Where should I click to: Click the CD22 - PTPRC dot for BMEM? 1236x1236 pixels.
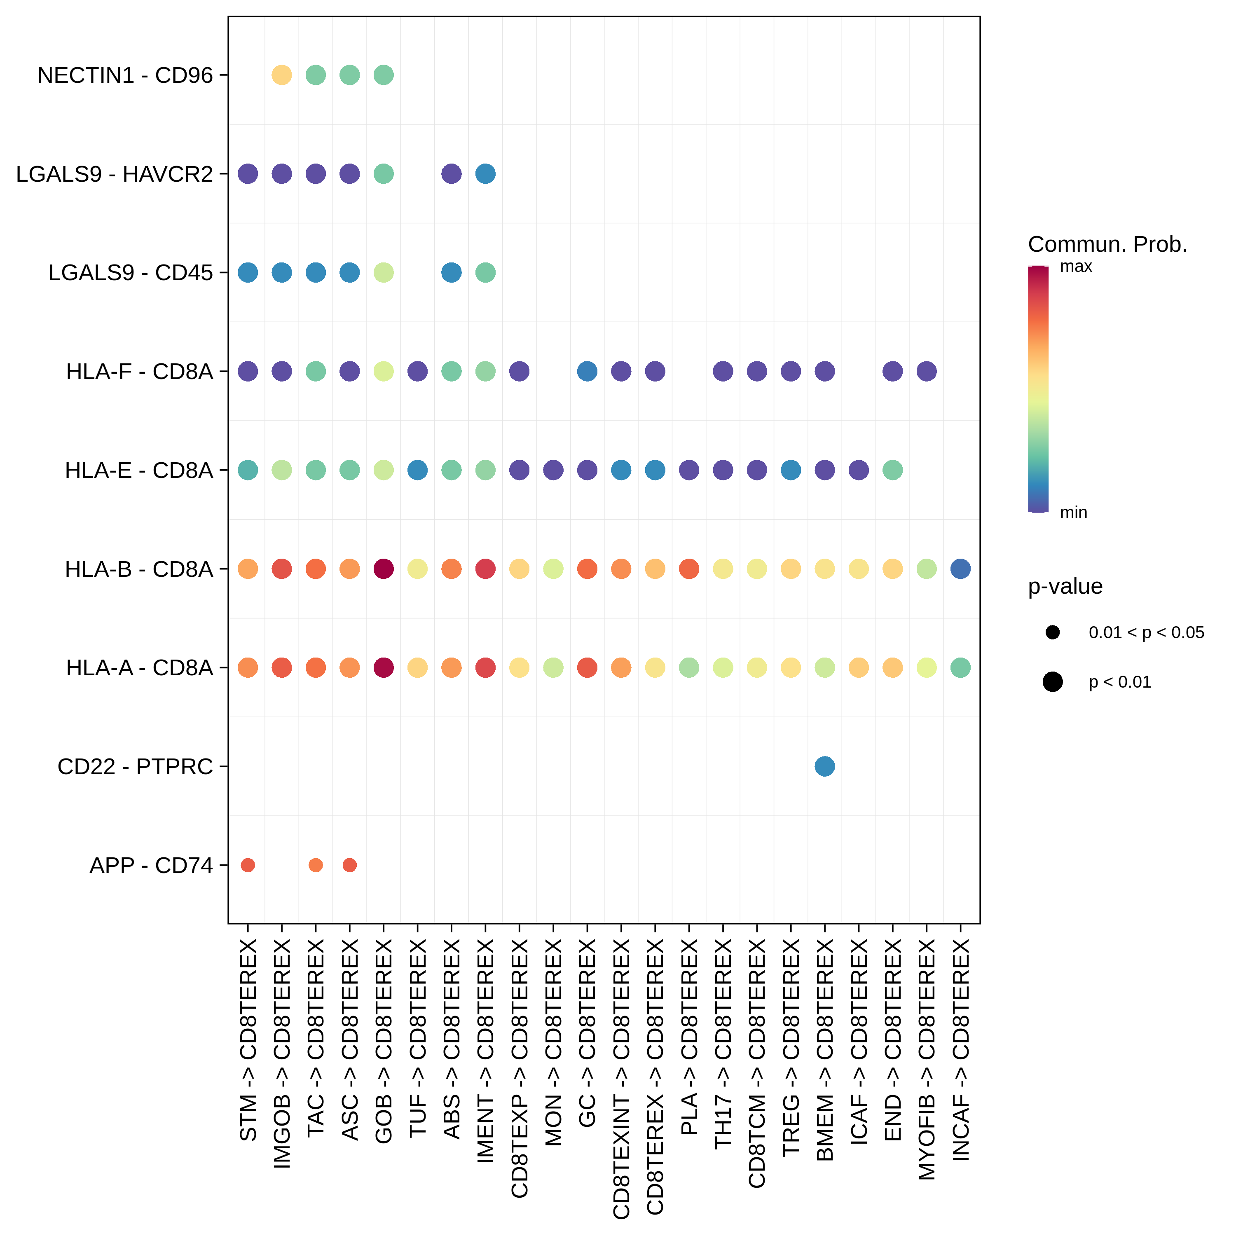(x=825, y=766)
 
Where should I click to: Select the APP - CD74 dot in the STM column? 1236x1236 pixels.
(x=248, y=865)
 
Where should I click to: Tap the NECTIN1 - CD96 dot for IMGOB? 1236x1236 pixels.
(x=281, y=75)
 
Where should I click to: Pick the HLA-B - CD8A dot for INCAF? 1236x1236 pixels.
(x=960, y=569)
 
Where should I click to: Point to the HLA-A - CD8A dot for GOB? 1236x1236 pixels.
(x=383, y=667)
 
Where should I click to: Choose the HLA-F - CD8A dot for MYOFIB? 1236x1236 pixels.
(x=926, y=371)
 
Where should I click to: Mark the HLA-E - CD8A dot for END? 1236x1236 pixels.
(x=892, y=470)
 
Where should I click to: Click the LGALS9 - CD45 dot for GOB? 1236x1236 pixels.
(x=383, y=272)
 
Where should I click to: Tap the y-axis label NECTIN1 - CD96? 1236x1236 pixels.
(x=125, y=75)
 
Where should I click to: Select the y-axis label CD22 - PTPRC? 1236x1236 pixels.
(x=135, y=766)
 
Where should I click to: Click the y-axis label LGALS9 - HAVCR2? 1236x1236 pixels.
(x=114, y=174)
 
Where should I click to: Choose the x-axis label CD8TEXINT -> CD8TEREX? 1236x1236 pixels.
(x=621, y=1078)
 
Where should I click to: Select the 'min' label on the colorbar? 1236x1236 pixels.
(x=1074, y=513)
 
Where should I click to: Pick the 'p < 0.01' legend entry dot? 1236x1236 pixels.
(x=1052, y=682)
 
